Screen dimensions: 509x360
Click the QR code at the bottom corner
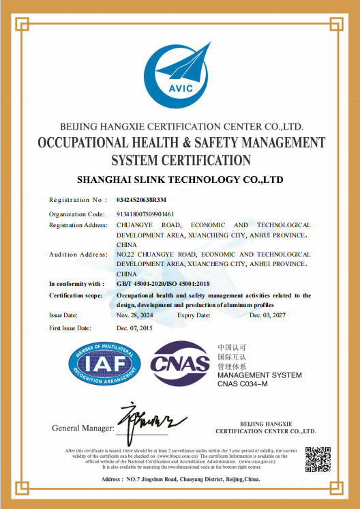[317, 459]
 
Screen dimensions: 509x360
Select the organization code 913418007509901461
[145, 214]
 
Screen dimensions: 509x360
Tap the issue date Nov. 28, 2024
[136, 315]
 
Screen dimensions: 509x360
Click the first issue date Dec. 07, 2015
[135, 328]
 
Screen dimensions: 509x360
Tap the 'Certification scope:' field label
[76, 295]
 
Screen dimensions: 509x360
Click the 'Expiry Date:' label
[196, 315]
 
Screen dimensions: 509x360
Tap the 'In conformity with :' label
[77, 283]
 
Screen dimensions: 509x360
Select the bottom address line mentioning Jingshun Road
[180, 480]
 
